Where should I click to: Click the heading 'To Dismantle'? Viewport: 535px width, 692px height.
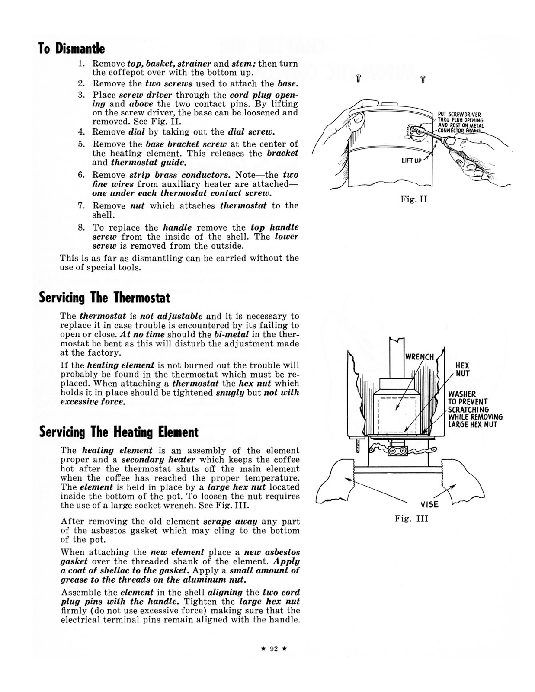click(x=72, y=48)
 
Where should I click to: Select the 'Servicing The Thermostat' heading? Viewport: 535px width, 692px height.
click(x=104, y=298)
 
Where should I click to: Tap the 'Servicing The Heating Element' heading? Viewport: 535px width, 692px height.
click(x=119, y=432)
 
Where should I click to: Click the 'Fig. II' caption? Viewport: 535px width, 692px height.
click(x=413, y=200)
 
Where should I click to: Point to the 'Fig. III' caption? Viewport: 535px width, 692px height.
click(x=411, y=518)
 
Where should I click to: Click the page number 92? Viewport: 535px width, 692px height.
click(x=273, y=649)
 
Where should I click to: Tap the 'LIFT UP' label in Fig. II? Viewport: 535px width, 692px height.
click(x=411, y=160)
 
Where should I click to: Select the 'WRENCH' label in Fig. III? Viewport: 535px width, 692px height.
click(x=419, y=357)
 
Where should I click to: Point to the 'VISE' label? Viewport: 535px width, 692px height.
click(x=429, y=504)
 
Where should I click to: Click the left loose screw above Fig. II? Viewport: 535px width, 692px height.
click(x=358, y=79)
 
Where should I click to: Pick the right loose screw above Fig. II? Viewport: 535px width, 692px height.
click(x=423, y=79)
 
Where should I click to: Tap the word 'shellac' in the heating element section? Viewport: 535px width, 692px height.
click(x=128, y=570)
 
